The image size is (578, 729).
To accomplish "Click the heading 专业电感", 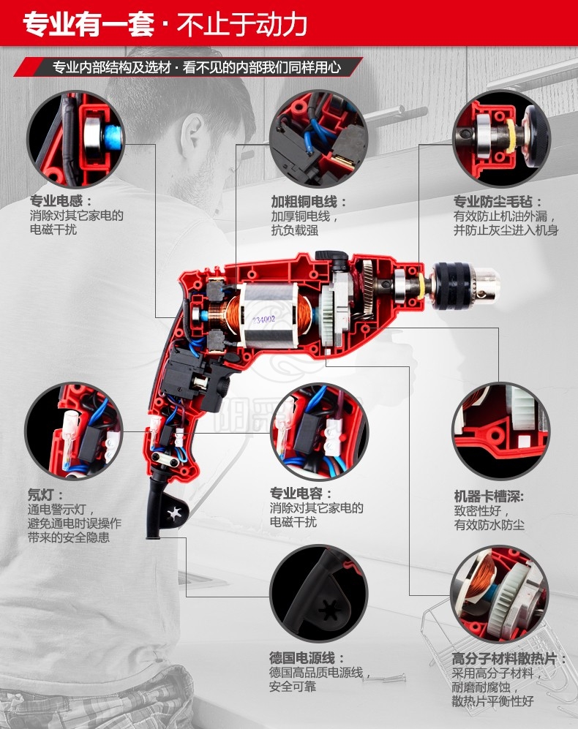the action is pyautogui.click(x=61, y=201).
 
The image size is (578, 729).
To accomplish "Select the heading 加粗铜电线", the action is pyautogui.click(x=309, y=201).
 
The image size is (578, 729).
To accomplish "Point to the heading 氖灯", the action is pyautogui.click(x=45, y=495).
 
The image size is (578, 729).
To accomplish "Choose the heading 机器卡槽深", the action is pyautogui.click(x=489, y=496).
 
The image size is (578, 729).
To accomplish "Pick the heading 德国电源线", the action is pyautogui.click(x=307, y=657).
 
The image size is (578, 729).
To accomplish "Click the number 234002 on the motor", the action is pyautogui.click(x=264, y=320).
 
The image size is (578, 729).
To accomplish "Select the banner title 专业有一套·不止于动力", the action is pyautogui.click(x=165, y=24).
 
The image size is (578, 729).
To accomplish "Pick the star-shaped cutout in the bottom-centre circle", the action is pyautogui.click(x=331, y=608).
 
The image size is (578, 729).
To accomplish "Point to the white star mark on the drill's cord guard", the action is pyautogui.click(x=174, y=513).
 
